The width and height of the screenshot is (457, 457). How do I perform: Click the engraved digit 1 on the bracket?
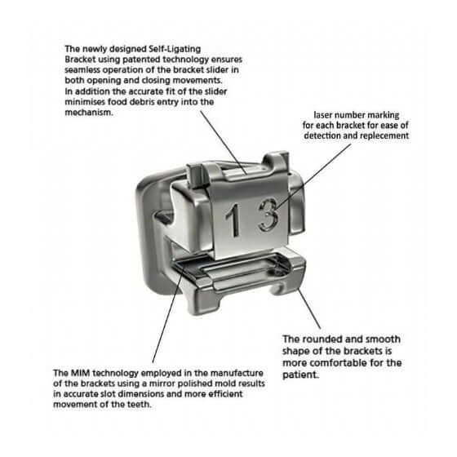coord(233,220)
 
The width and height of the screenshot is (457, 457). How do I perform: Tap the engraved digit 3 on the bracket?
coord(268,214)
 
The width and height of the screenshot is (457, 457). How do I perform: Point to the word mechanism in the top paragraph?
coord(89,113)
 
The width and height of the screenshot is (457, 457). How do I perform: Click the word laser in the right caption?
coord(322,115)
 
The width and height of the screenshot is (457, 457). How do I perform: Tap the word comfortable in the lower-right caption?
coord(336,363)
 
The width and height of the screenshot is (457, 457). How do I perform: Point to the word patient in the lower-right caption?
coord(300,375)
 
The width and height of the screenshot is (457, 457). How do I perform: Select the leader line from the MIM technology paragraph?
coord(168,314)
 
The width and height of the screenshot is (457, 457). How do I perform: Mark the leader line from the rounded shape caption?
coord(308,308)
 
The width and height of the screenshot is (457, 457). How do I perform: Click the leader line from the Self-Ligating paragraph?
coord(224,143)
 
